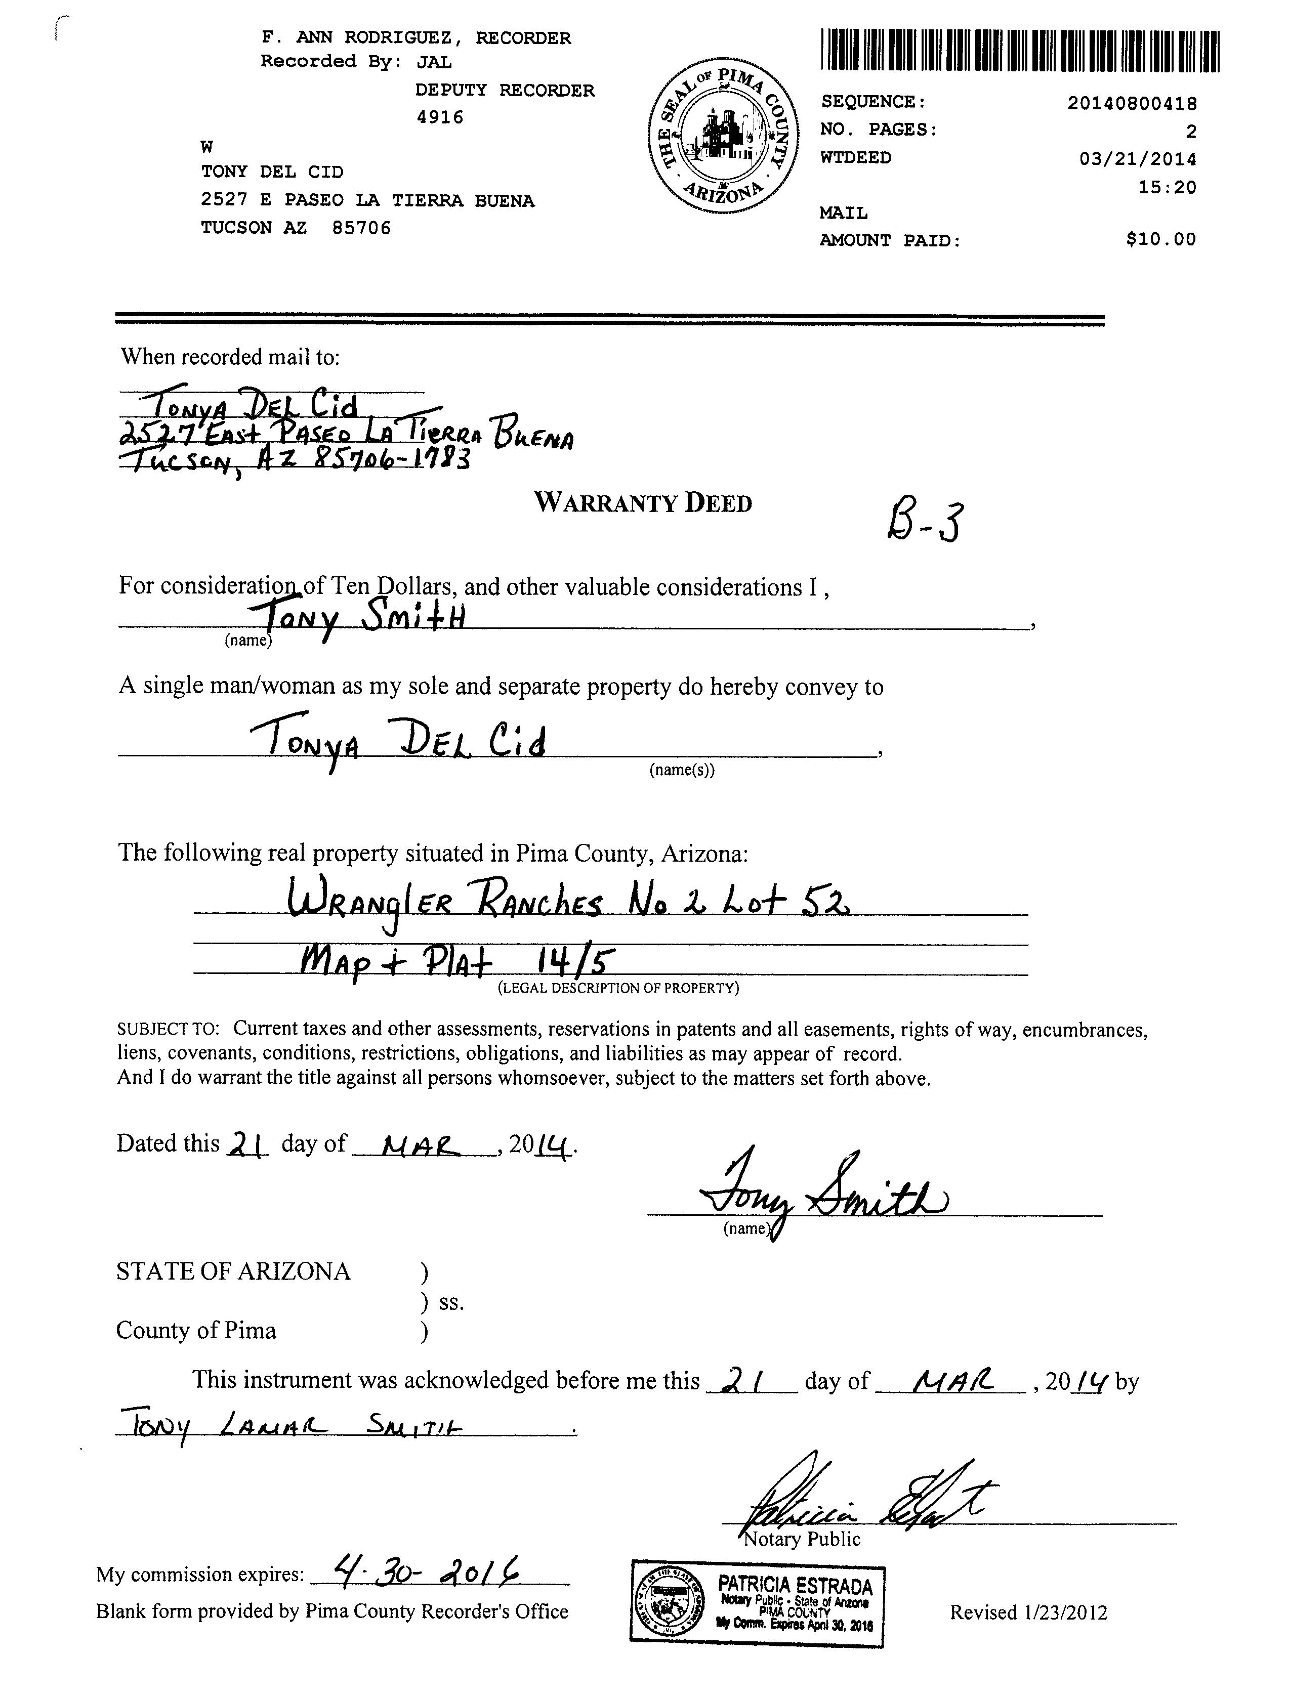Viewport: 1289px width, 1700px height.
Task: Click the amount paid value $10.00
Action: [x=1160, y=239]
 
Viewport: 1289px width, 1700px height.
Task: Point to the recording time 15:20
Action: [x=1167, y=187]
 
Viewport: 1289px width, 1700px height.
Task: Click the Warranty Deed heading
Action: [x=643, y=503]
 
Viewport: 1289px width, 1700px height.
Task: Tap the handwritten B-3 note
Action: [x=925, y=522]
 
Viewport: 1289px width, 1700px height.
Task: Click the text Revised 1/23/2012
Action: [x=1028, y=1611]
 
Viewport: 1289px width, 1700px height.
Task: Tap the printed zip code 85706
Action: [x=361, y=228]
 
